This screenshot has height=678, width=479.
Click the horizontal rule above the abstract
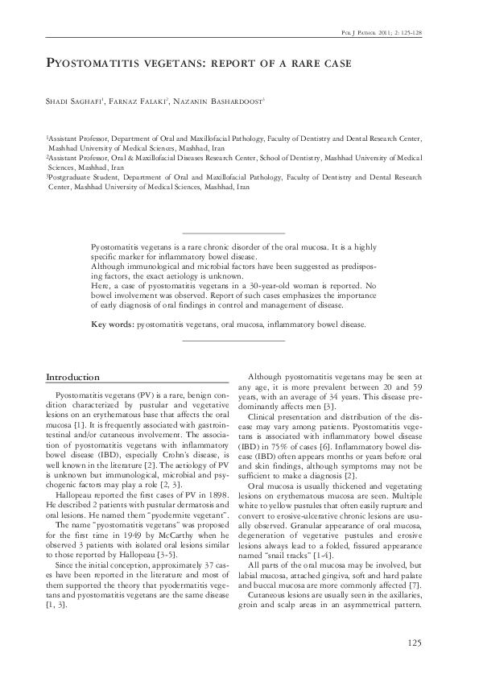[234, 233]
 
